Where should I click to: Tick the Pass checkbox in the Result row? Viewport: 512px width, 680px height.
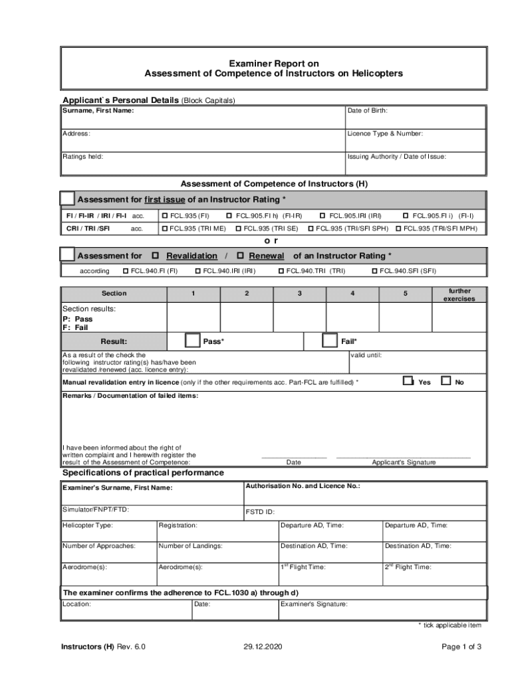tap(192, 341)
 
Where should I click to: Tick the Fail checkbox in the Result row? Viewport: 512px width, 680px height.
tap(329, 341)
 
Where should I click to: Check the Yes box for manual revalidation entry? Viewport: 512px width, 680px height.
tap(408, 381)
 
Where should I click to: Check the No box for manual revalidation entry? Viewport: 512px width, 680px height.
tap(446, 381)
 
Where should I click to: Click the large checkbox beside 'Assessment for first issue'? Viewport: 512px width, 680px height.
tap(67, 199)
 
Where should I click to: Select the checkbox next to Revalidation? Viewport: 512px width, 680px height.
tap(156, 256)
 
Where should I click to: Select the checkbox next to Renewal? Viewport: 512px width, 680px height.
tap(240, 256)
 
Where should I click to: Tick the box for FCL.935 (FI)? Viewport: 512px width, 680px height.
tap(165, 216)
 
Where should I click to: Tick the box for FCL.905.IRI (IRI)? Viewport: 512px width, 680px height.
tap(323, 216)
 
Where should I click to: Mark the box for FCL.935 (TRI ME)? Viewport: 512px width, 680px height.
tap(165, 229)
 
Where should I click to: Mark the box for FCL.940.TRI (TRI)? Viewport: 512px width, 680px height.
tap(281, 271)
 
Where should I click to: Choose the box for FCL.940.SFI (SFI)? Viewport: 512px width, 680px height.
tap(375, 271)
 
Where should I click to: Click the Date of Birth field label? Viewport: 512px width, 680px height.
tap(367, 111)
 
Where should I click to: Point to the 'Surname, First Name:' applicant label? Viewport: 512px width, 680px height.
tap(98, 111)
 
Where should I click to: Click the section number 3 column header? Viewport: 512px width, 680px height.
tap(300, 293)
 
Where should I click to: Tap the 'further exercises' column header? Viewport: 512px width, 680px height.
tap(459, 295)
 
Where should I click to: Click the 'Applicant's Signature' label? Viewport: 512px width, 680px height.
tap(404, 462)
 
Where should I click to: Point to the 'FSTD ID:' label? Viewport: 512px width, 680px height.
tap(261, 512)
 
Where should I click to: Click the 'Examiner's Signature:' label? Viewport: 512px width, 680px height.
tap(314, 604)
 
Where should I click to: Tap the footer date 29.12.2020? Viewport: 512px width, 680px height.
tap(263, 647)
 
